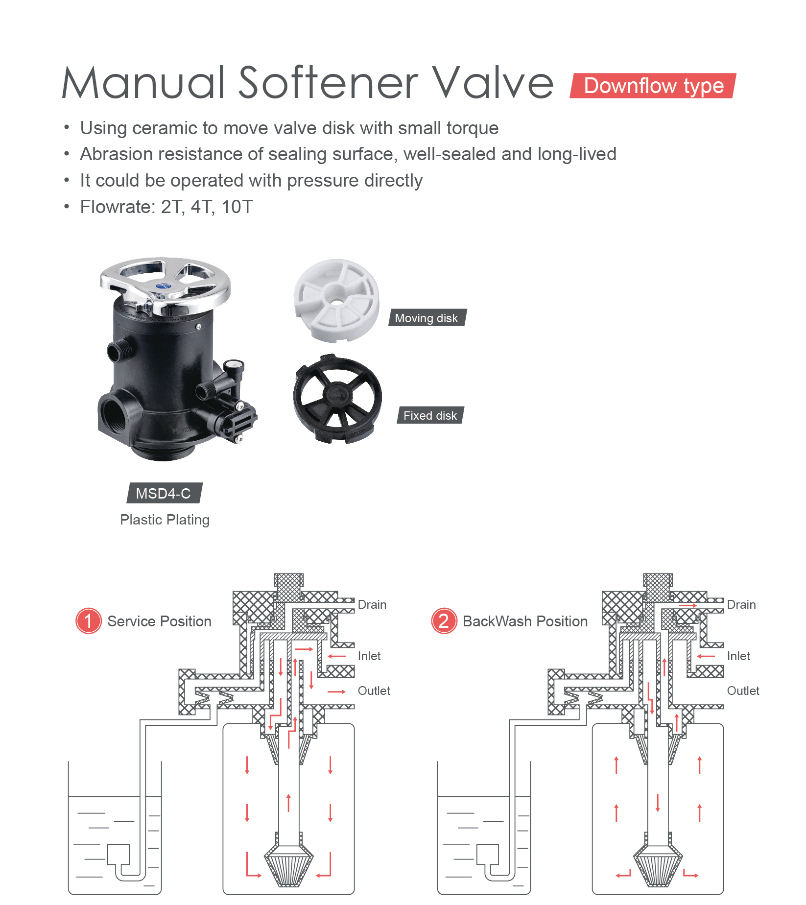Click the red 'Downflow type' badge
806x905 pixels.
point(653,86)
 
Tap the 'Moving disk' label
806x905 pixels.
point(427,318)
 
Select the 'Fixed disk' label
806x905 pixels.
point(430,415)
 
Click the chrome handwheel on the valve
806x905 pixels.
point(165,282)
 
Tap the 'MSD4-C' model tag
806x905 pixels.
point(164,493)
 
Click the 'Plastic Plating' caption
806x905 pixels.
point(165,520)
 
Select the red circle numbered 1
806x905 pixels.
point(88,621)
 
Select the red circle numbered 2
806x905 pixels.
point(444,621)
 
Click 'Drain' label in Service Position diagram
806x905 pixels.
point(372,605)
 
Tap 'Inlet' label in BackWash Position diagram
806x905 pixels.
point(738,656)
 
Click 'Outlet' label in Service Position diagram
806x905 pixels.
point(374,691)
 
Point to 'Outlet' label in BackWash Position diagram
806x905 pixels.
point(743,691)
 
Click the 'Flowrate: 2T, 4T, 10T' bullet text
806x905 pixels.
point(166,207)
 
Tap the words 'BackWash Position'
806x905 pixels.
point(525,621)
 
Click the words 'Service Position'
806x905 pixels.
point(159,621)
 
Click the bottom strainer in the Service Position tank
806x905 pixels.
point(289,867)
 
